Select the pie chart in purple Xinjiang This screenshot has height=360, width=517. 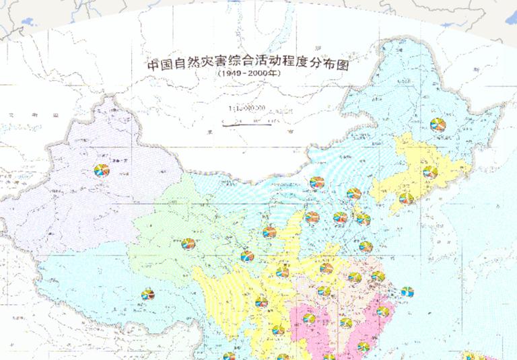102,170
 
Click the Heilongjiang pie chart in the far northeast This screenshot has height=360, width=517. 438,125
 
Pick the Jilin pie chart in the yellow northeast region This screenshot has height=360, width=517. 429,172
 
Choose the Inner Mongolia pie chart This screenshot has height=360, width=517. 317,182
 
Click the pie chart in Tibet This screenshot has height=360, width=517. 147,295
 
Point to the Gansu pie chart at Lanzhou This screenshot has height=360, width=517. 247,256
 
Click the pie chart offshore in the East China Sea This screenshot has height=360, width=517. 407,292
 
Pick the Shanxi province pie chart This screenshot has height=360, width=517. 312,217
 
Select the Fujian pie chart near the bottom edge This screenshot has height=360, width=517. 363,347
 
